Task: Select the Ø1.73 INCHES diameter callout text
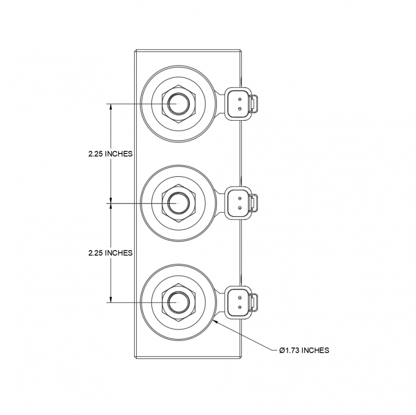(304, 350)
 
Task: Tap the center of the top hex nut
(177, 104)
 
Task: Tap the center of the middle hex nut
(177, 203)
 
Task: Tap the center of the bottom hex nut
(177, 302)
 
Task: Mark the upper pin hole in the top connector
(239, 99)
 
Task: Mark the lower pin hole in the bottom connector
(239, 307)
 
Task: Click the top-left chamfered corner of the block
(136, 50)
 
